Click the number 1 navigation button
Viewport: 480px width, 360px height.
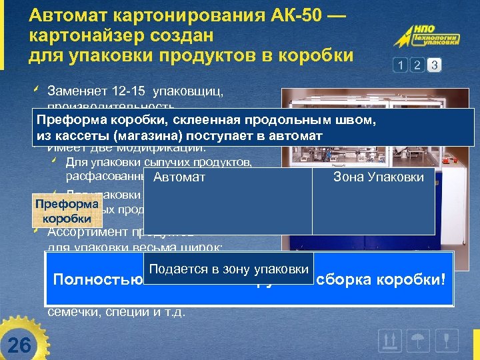tap(400, 65)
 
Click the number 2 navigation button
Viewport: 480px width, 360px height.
tap(417, 65)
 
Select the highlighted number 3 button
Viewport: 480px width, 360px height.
tap(435, 65)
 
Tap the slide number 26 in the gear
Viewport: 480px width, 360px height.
tap(21, 345)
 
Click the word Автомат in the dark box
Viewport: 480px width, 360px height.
tap(179, 177)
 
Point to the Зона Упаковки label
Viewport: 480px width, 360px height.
tap(378, 177)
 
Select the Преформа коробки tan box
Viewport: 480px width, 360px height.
tap(67, 211)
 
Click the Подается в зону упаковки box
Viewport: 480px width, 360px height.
tap(229, 269)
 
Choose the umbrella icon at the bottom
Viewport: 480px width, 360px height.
tap(419, 341)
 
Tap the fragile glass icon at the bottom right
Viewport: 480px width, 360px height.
tap(447, 341)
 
